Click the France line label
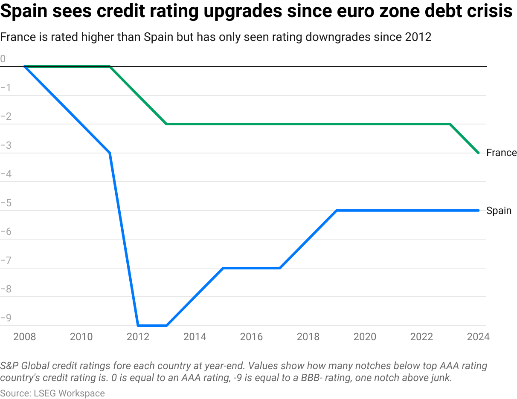501,153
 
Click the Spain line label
499,211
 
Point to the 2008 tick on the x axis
25,337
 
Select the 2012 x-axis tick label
138,337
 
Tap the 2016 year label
252,337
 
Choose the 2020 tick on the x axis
365,337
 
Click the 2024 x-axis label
478,337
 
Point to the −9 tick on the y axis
6,318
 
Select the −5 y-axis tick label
6,203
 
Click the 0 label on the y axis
3,59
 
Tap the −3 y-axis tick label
6,145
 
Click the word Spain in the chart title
26,12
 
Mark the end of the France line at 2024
479,153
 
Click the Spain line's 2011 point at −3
110,153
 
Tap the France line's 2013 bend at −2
166,124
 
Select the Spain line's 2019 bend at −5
337,211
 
